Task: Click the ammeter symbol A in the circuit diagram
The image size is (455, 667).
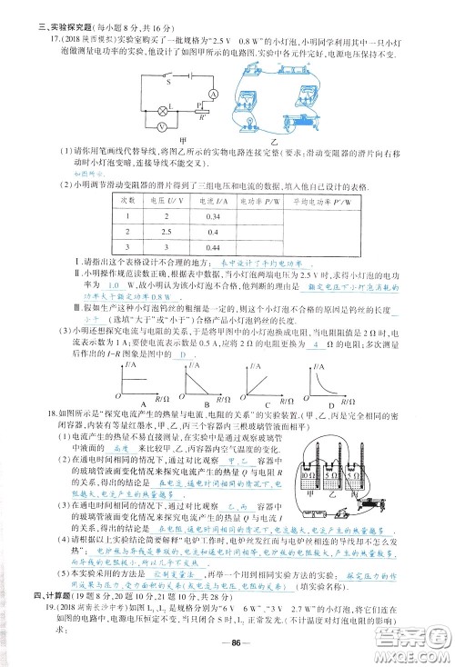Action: pos(211,94)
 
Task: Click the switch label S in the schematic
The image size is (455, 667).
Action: pos(168,81)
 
